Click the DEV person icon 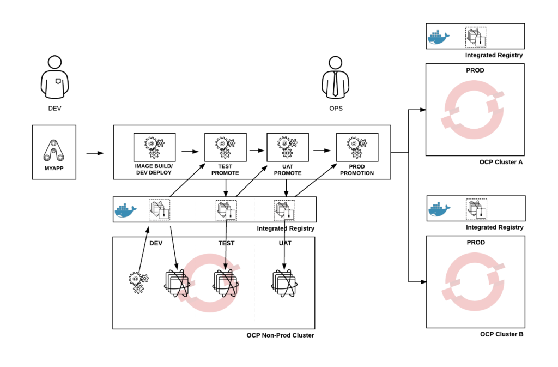coord(54,77)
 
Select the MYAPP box coord(54,152)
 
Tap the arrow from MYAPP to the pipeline coord(95,153)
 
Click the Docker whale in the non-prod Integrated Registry coord(125,210)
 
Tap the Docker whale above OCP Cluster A coord(438,37)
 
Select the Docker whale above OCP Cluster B coord(439,209)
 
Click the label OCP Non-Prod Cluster coord(280,335)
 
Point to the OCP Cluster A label coord(501,162)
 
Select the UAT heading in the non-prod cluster coord(284,243)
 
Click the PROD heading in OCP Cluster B coord(475,243)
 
